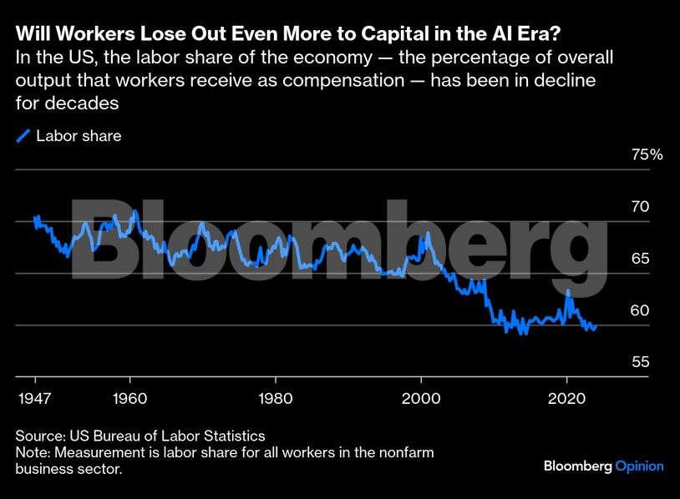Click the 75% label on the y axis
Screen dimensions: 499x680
pyautogui.click(x=646, y=154)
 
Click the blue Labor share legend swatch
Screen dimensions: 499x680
pyautogui.click(x=23, y=136)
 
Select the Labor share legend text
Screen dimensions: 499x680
pyautogui.click(x=79, y=136)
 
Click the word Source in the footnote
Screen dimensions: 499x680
pyautogui.click(x=38, y=436)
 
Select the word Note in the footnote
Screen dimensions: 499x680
pyautogui.click(x=33, y=452)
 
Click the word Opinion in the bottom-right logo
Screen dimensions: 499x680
pyautogui.click(x=639, y=466)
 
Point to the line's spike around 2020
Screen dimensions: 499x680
pyautogui.click(x=568, y=291)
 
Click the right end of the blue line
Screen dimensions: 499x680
pyautogui.click(x=595, y=328)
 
